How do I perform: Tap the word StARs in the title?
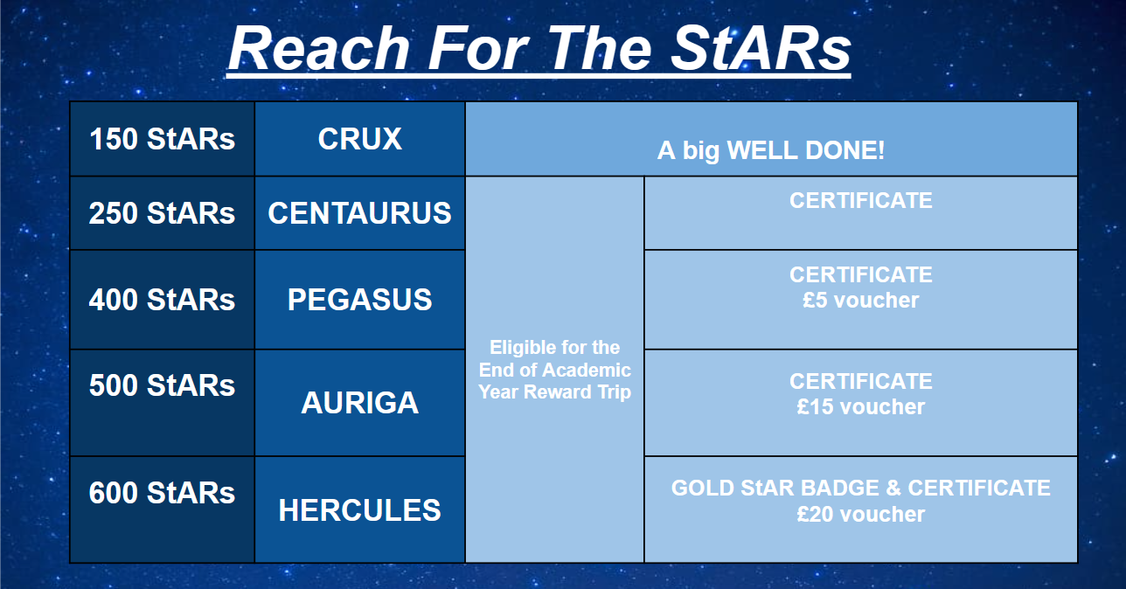click(761, 49)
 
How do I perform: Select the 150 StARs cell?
click(162, 139)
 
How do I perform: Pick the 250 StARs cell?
click(162, 213)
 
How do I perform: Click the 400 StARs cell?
click(162, 300)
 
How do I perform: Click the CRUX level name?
click(360, 139)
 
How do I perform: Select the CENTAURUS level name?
click(360, 213)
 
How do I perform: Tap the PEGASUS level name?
click(360, 300)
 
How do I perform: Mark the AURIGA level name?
click(360, 403)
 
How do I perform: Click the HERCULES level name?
click(360, 510)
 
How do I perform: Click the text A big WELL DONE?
click(771, 150)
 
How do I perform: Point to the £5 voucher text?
click(860, 300)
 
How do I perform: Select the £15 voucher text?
click(860, 406)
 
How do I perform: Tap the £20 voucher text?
click(860, 514)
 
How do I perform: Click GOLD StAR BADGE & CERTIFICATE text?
click(860, 488)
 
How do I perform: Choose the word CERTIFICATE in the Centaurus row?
click(860, 200)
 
